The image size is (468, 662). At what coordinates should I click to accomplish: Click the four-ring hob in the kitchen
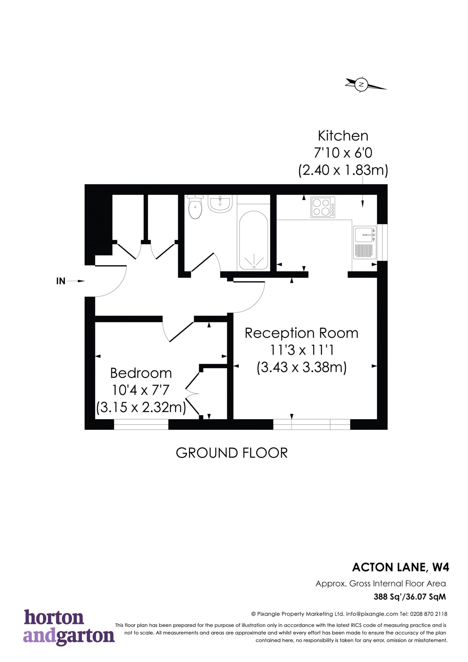click(x=323, y=207)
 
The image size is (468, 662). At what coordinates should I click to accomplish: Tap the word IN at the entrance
click(x=61, y=281)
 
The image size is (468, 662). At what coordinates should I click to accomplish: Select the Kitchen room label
click(x=343, y=136)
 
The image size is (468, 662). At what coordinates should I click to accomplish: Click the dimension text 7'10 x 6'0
click(x=343, y=153)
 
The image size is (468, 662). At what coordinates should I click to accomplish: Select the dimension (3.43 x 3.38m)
click(x=302, y=368)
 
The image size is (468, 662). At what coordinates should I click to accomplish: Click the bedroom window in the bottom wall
click(x=141, y=424)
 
